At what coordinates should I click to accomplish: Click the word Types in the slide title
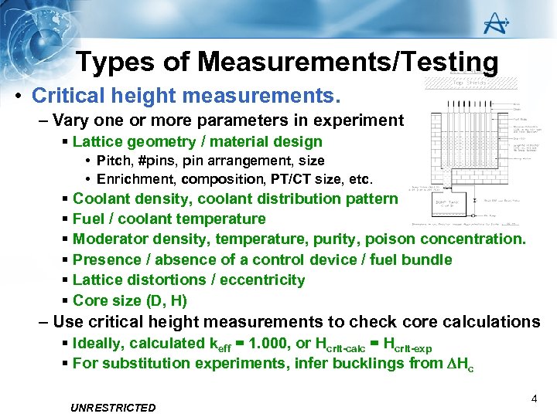(x=116, y=62)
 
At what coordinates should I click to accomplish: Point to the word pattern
(x=371, y=198)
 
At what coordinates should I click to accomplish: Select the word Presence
(x=105, y=259)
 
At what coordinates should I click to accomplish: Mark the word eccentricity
(x=262, y=280)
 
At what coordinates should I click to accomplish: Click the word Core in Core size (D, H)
(x=89, y=300)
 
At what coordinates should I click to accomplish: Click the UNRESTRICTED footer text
(x=112, y=408)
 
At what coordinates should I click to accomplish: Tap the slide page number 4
(x=535, y=399)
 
